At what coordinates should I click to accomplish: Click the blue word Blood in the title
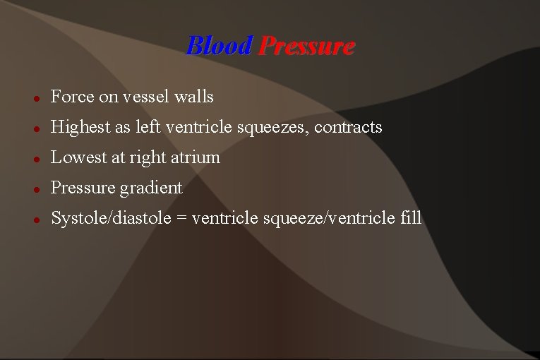(219, 47)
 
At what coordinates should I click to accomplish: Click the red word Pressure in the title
(306, 47)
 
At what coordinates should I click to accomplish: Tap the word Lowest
(77, 157)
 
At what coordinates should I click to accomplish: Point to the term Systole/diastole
(112, 218)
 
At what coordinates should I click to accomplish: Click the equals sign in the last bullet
(182, 219)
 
